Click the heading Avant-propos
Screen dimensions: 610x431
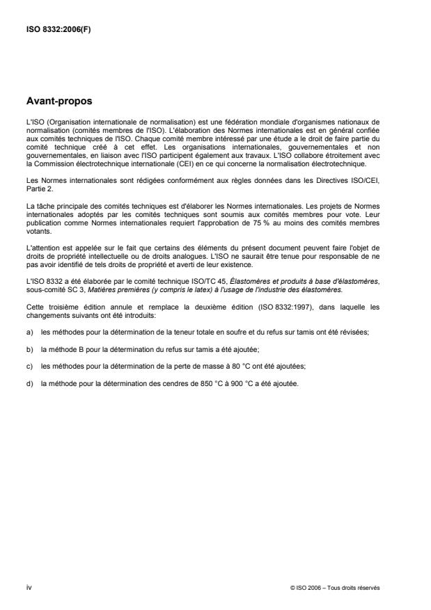pos(59,100)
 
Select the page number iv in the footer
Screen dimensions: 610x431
pos(29,588)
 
